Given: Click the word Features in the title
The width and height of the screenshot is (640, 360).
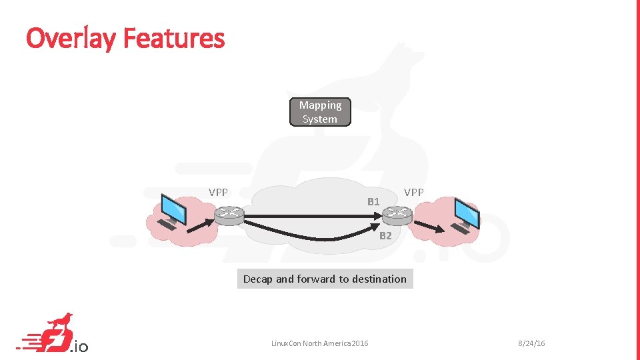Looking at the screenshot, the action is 174,38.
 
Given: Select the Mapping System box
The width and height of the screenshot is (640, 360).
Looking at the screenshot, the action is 320,112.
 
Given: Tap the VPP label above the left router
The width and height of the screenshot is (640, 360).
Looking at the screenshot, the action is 218,192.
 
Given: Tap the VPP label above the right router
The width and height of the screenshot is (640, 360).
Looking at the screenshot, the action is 413,192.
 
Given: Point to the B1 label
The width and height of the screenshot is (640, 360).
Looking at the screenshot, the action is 373,201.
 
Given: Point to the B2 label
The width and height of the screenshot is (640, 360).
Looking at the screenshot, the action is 385,235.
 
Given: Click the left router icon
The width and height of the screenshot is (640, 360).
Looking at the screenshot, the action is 229,214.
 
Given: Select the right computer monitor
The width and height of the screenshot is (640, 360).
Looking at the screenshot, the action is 466,212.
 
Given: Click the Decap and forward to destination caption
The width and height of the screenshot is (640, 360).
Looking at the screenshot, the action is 325,279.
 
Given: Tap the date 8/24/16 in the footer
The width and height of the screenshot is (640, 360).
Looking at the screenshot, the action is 532,343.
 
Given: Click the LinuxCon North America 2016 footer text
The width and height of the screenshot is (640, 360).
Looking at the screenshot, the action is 319,343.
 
